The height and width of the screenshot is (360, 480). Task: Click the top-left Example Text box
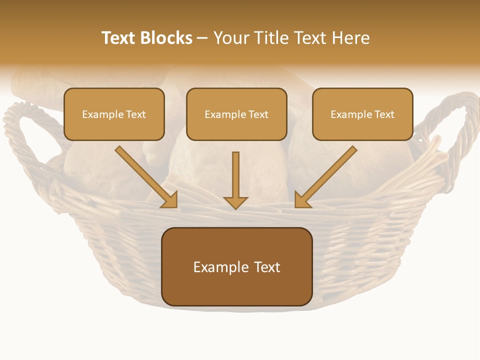[114, 114]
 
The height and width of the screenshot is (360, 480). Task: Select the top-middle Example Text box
[236, 114]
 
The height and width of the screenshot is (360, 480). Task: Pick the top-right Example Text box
[362, 114]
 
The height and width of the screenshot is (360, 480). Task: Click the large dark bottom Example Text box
[236, 267]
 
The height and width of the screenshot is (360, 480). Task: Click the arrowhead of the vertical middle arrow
[235, 202]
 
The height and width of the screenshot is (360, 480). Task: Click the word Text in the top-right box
[384, 114]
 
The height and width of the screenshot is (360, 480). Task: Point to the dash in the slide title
[202, 38]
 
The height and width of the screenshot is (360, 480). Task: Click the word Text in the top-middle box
[258, 114]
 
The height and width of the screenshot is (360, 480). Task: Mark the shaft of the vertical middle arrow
[235, 172]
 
